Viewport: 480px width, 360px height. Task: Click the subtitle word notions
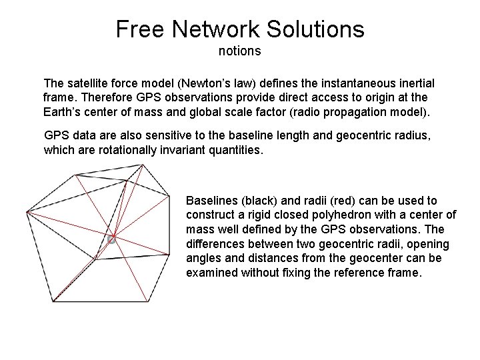[239, 51]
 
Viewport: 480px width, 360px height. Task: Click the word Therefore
[102, 97]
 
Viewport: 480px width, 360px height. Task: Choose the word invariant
[175, 150]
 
